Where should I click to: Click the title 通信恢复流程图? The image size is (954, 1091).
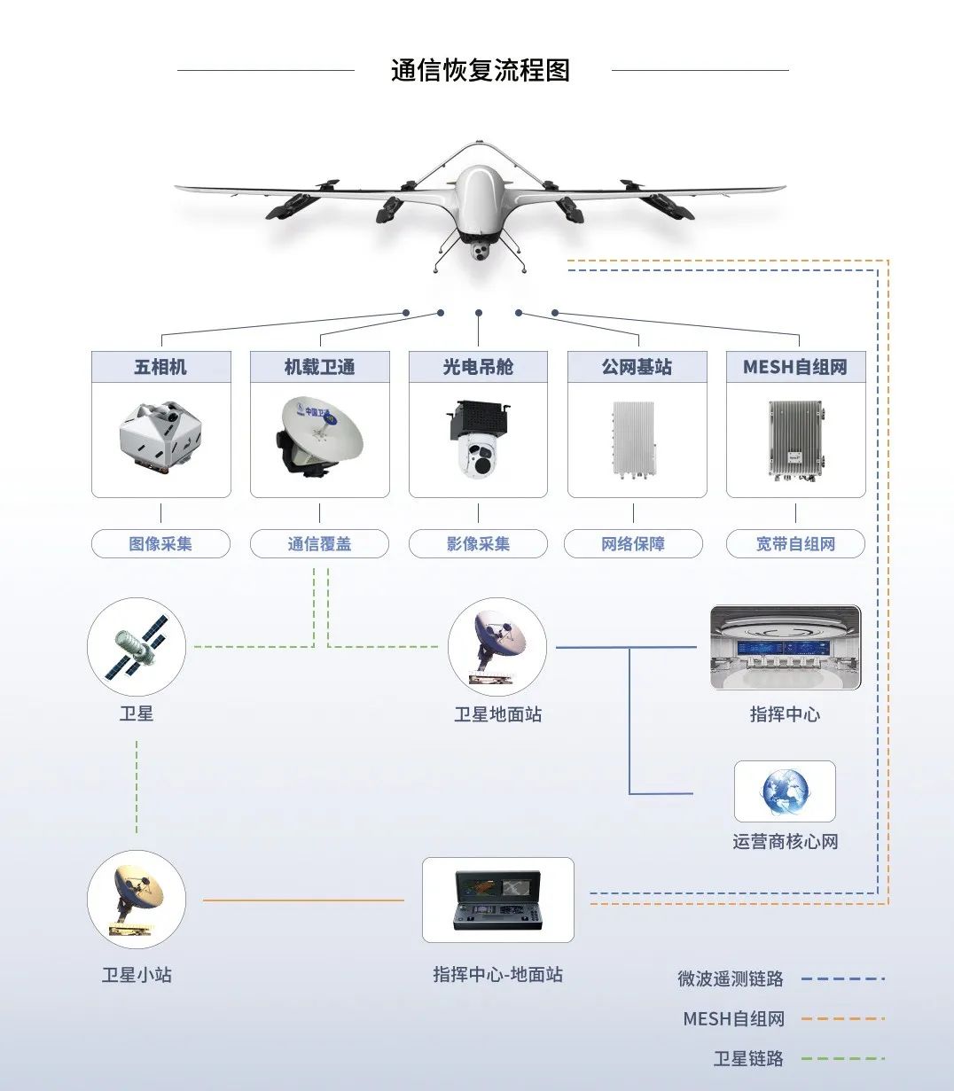coord(480,70)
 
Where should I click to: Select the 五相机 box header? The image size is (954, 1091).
coord(160,367)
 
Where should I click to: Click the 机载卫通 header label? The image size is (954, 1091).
coord(319,367)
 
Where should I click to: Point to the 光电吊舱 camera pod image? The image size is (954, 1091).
coord(478,440)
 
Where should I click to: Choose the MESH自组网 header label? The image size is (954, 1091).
coord(795,367)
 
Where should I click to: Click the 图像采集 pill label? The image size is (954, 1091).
coord(160,543)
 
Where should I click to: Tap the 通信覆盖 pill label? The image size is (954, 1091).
coord(319,543)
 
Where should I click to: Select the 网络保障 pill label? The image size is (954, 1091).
coord(633,543)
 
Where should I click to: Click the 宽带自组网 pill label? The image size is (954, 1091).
coord(795,543)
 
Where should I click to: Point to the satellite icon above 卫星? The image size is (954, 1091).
coord(137,646)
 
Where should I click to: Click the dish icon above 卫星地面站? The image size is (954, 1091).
coord(497,647)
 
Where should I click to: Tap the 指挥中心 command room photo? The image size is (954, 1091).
coord(786,648)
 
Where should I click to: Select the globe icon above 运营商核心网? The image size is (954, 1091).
coord(785,791)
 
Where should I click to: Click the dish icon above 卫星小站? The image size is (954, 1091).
coord(137,900)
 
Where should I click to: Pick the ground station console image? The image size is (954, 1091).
coord(497,900)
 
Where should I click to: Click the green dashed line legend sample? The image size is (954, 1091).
coord(842,1058)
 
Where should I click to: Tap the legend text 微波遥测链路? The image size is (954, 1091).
coord(731,978)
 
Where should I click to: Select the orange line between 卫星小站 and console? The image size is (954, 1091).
coord(303,900)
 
